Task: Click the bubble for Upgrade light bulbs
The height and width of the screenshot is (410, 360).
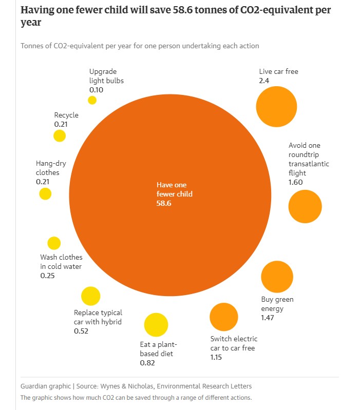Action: pyautogui.click(x=92, y=100)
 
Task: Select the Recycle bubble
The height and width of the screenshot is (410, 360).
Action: pyautogui.click(x=60, y=136)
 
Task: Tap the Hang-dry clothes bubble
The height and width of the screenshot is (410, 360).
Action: pyautogui.click(x=45, y=193)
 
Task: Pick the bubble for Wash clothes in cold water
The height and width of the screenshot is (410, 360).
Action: pyautogui.click(x=54, y=243)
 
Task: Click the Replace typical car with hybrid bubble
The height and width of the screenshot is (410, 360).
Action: pyautogui.click(x=90, y=296)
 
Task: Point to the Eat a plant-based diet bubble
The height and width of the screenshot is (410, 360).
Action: pyautogui.click(x=156, y=325)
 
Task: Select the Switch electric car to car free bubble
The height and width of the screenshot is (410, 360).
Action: pyautogui.click(x=224, y=317)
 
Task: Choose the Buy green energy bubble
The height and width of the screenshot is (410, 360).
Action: pyautogui.click(x=277, y=277)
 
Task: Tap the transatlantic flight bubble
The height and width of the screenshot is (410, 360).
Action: pyautogui.click(x=305, y=206)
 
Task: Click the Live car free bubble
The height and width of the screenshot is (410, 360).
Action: pyautogui.click(x=277, y=106)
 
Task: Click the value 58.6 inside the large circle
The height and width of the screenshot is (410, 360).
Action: pyautogui.click(x=163, y=203)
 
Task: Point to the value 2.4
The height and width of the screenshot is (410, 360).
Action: pyautogui.click(x=264, y=81)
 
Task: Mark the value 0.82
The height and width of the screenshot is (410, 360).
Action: pyautogui.click(x=148, y=363)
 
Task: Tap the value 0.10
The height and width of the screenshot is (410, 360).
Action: pyautogui.click(x=96, y=89)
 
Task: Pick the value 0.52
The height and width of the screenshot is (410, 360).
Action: pyautogui.click(x=81, y=331)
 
